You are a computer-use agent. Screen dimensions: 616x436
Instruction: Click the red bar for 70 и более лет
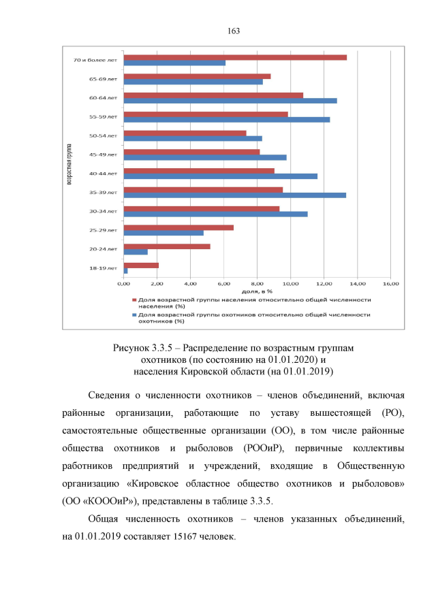235,57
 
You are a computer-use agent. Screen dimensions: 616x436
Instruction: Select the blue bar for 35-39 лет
234,195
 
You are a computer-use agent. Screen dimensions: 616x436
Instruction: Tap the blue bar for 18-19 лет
126,271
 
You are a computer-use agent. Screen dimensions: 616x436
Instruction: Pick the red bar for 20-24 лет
167,246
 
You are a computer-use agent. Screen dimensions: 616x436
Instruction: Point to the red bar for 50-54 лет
185,133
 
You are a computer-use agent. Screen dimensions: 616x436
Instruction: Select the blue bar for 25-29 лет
163,233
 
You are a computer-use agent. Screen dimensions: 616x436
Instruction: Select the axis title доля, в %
257,291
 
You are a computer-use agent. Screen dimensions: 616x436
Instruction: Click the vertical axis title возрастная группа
69,163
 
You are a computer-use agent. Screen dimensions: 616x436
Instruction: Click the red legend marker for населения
134,299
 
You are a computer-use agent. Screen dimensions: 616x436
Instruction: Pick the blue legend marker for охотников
134,314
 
